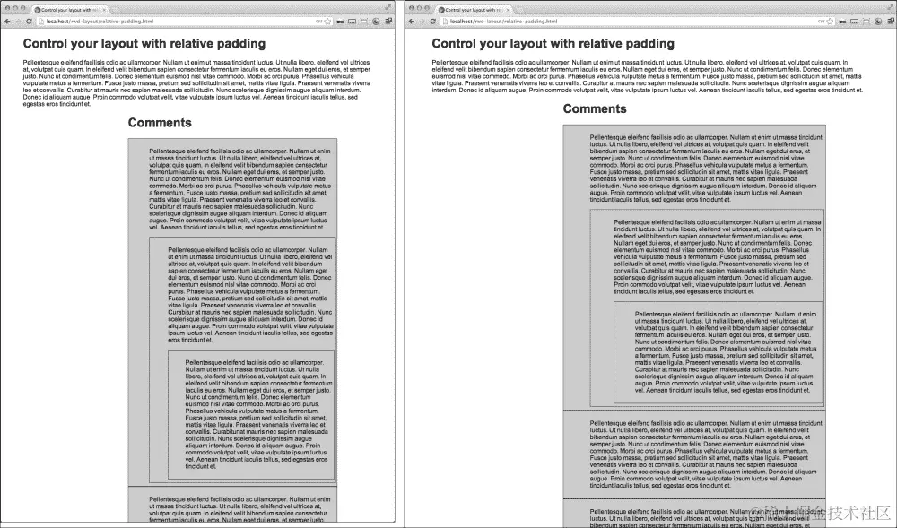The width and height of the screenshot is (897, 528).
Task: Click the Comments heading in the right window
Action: pos(595,109)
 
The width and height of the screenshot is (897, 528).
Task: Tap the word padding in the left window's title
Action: pos(236,43)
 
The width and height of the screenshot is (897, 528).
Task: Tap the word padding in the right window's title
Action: pos(644,43)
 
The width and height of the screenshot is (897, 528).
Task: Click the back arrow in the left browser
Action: pos(6,21)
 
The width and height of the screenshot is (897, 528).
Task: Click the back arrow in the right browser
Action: pos(414,21)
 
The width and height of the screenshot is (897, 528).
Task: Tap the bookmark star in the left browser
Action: pos(327,21)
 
